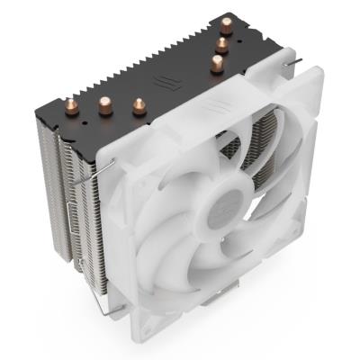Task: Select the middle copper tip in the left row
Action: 103,103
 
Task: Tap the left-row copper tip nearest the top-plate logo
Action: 139,106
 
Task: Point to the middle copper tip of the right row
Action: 220,44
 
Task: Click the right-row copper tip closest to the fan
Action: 216,63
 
